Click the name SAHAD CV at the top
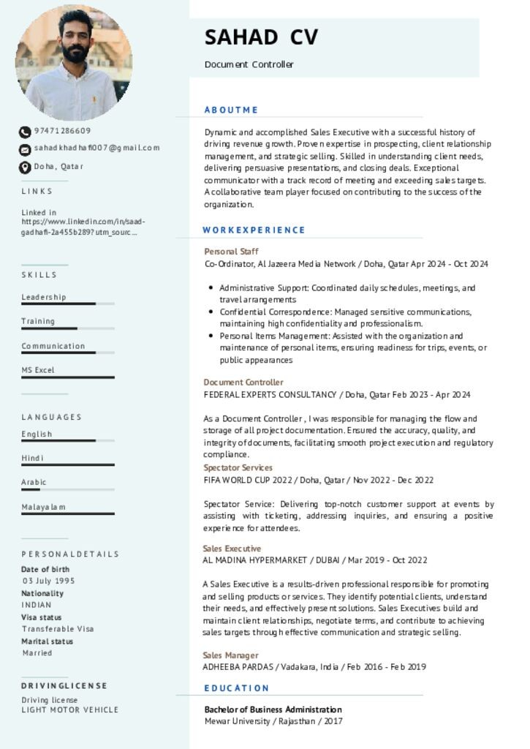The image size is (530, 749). [261, 37]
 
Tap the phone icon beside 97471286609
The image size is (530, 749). [25, 132]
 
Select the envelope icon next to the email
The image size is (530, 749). [25, 149]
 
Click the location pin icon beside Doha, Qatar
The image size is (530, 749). [25, 168]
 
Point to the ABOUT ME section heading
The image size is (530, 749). [231, 110]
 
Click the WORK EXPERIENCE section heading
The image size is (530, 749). [254, 230]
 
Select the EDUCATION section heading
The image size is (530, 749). [237, 688]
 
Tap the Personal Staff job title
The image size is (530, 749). [231, 252]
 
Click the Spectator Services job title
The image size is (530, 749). [238, 467]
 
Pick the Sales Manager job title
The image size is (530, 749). [230, 655]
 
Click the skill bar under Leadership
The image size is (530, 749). [68, 304]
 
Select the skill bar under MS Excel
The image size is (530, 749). [68, 377]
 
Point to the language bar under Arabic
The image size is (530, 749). [68, 489]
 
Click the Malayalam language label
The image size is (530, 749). [44, 507]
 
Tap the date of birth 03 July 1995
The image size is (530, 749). [48, 581]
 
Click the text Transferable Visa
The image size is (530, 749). [58, 629]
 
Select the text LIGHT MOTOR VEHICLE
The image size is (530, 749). [69, 710]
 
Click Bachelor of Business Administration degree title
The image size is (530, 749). [273, 710]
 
